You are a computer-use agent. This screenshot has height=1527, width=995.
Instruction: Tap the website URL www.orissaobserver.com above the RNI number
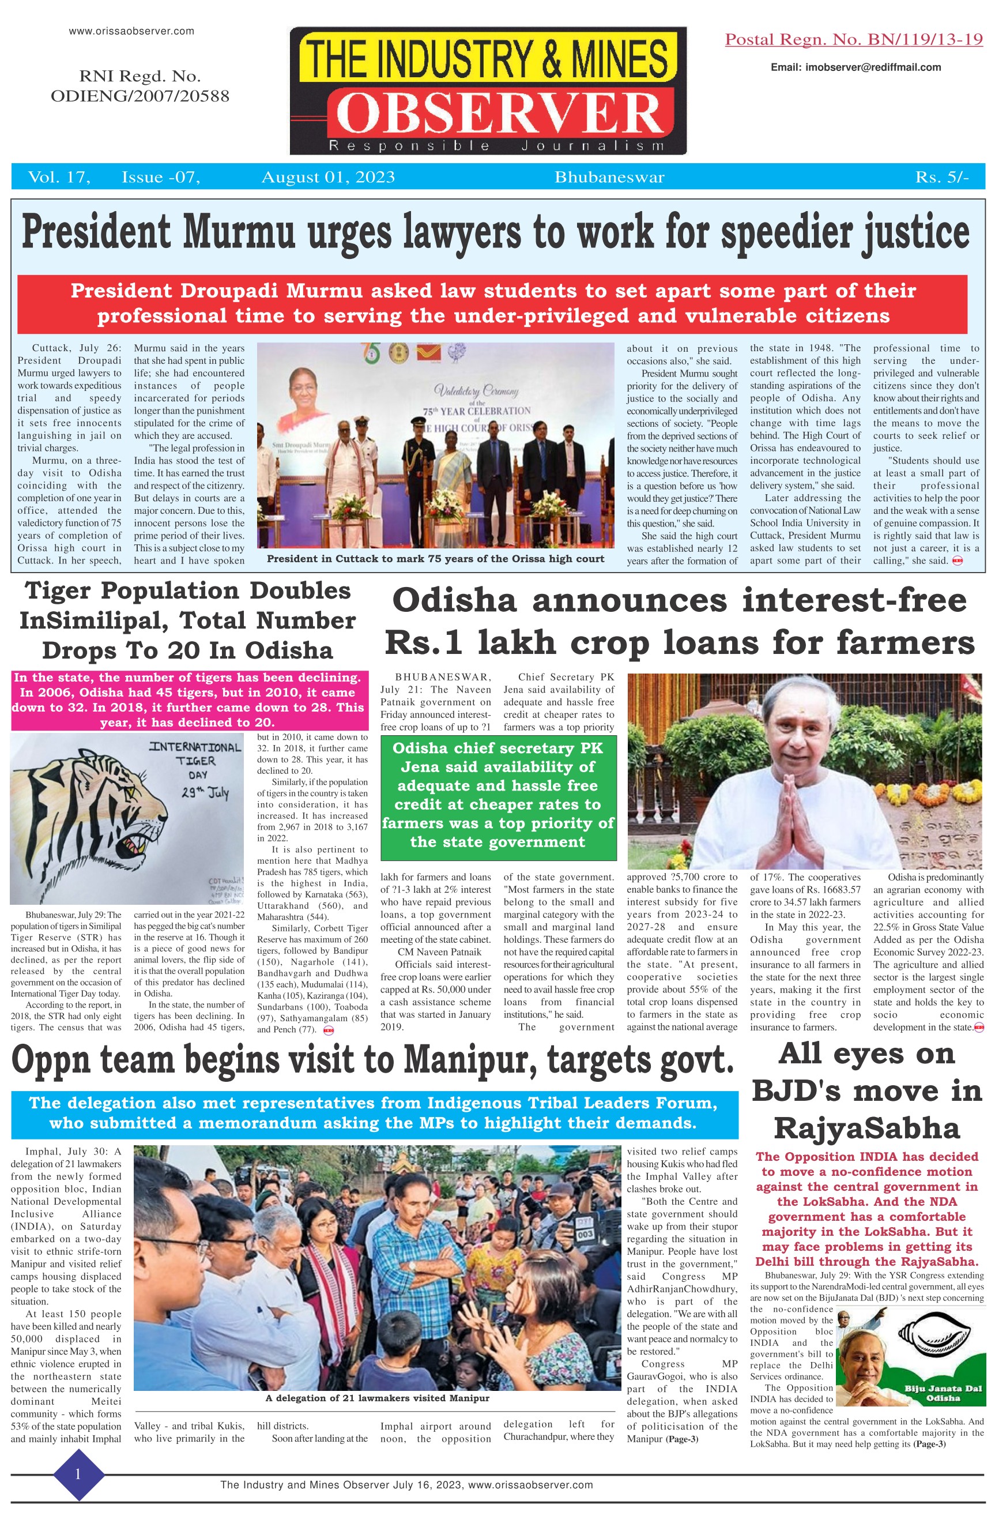pyautogui.click(x=131, y=31)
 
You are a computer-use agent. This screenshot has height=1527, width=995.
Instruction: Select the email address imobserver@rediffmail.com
pyautogui.click(x=856, y=67)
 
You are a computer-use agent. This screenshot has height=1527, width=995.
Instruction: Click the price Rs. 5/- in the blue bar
pyautogui.click(x=941, y=178)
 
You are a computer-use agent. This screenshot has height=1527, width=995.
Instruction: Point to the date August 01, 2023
pyautogui.click(x=328, y=178)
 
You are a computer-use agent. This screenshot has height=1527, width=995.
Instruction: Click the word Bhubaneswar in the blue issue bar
pyautogui.click(x=609, y=178)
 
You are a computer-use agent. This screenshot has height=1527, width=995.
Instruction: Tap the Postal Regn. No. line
pyautogui.click(x=853, y=40)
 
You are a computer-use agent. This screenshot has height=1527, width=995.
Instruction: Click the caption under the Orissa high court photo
pyautogui.click(x=436, y=559)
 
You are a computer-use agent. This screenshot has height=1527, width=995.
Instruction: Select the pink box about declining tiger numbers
pyautogui.click(x=187, y=700)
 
